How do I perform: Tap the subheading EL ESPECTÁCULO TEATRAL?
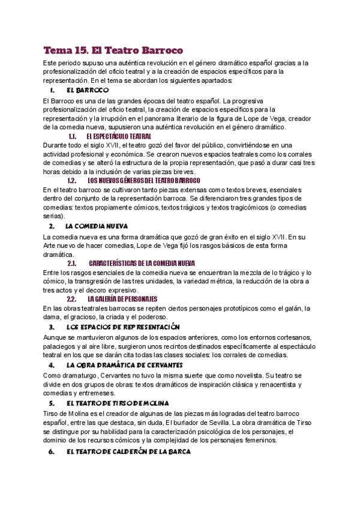click(x=119, y=136)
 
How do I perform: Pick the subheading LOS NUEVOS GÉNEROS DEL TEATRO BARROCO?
click(x=144, y=180)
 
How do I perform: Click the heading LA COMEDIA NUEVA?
click(x=97, y=226)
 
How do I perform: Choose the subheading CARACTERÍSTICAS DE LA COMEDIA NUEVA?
click(x=142, y=263)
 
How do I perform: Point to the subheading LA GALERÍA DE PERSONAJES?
click(x=122, y=299)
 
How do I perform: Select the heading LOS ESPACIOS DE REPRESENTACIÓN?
click(x=123, y=327)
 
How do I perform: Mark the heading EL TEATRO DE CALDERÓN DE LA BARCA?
click(x=128, y=451)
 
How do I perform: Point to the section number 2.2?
click(x=71, y=299)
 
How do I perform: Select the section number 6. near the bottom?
click(x=52, y=451)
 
